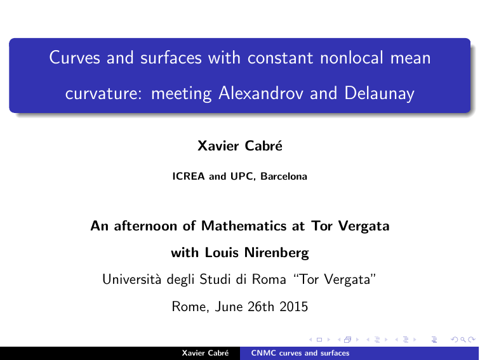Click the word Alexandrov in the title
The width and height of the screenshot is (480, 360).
tap(260, 93)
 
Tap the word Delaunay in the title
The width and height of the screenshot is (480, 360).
tap(379, 94)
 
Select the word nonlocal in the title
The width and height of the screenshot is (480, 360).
tap(352, 57)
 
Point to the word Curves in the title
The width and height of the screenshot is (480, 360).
tap(74, 57)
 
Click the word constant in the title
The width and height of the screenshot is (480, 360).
tap(280, 58)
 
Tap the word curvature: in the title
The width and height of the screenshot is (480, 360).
tap(103, 94)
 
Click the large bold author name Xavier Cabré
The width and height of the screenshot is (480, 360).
tap(240, 146)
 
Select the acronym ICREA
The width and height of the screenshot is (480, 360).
tap(189, 176)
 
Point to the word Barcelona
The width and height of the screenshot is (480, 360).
tap(284, 176)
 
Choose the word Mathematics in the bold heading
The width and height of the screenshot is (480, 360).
tap(244, 226)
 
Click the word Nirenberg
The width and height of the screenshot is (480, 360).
tap(276, 253)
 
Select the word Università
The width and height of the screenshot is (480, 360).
tap(131, 279)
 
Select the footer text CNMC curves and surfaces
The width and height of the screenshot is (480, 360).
tap(300, 353)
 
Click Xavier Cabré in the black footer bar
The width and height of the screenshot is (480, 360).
tap(205, 353)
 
